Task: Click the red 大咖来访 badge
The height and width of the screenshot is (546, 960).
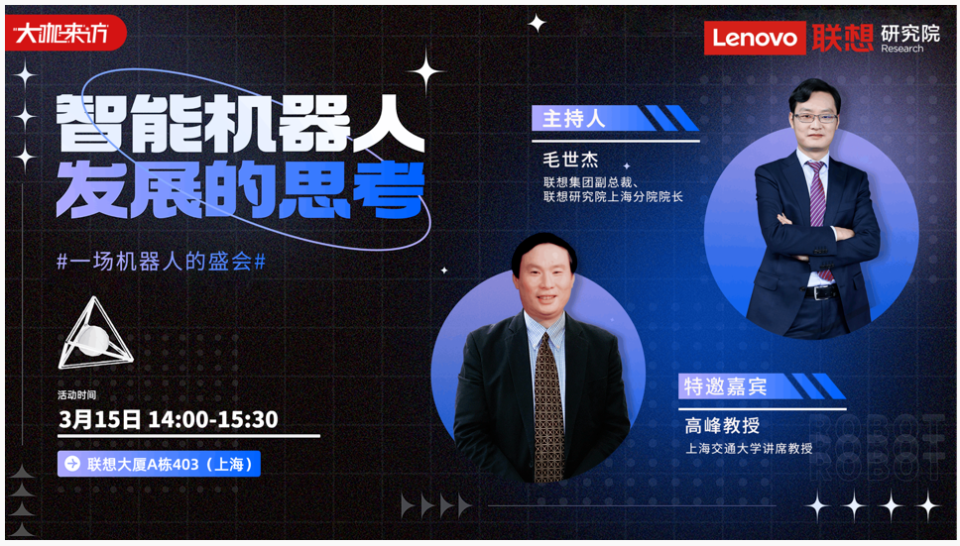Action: tap(65, 33)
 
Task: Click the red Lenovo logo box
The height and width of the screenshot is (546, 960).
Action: tap(755, 38)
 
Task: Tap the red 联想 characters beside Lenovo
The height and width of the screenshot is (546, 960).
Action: tap(843, 38)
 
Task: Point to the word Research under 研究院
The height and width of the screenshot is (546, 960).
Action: tap(901, 49)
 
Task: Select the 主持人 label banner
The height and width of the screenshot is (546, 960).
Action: tap(615, 118)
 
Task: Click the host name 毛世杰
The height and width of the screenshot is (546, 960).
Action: tap(570, 160)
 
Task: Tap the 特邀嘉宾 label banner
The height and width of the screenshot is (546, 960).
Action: tap(762, 386)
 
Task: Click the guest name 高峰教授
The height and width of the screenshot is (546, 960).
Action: tap(722, 425)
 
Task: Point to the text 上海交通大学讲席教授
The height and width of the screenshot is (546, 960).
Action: tap(749, 448)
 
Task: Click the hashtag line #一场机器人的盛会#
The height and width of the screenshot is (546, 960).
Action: tap(161, 262)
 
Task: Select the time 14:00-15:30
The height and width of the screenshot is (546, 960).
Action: tap(213, 419)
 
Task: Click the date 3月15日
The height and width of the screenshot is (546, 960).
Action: tap(100, 419)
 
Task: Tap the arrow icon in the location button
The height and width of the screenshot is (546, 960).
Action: tap(72, 464)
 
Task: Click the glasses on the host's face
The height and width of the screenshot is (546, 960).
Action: tap(814, 117)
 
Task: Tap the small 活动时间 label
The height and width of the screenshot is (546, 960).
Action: tap(76, 395)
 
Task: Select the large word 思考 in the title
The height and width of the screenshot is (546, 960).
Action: tap(351, 191)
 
